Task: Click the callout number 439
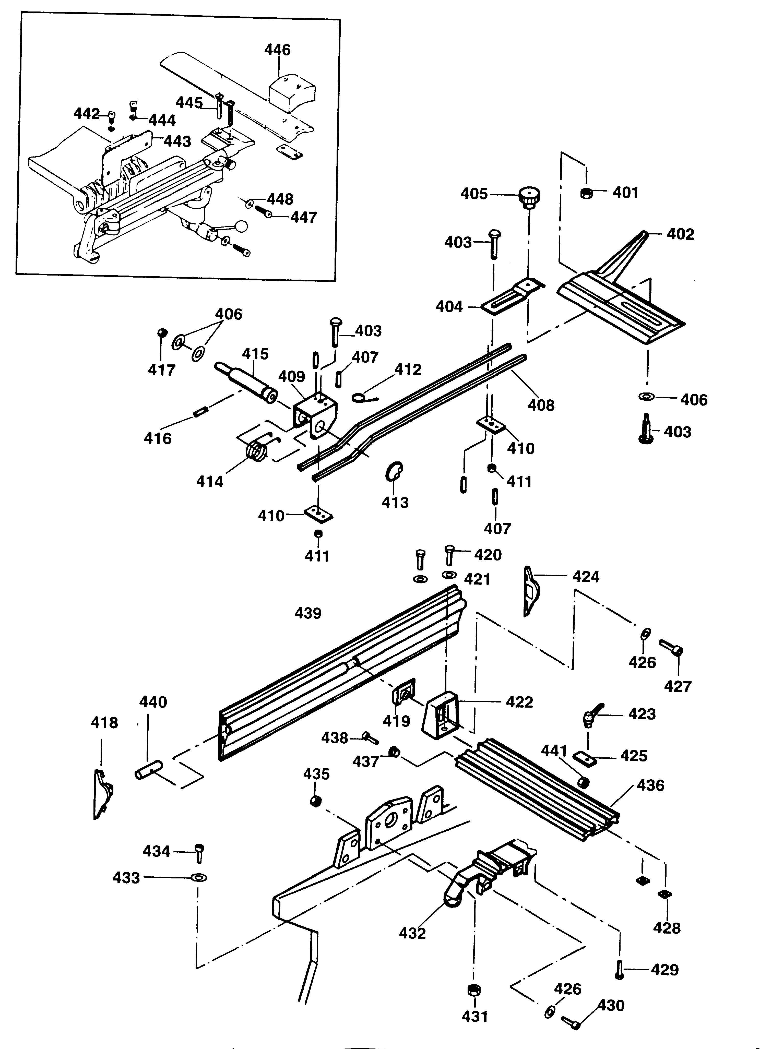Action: tap(308, 613)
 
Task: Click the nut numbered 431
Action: tap(474, 990)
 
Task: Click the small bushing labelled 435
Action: tap(315, 801)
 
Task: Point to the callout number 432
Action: tap(412, 933)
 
